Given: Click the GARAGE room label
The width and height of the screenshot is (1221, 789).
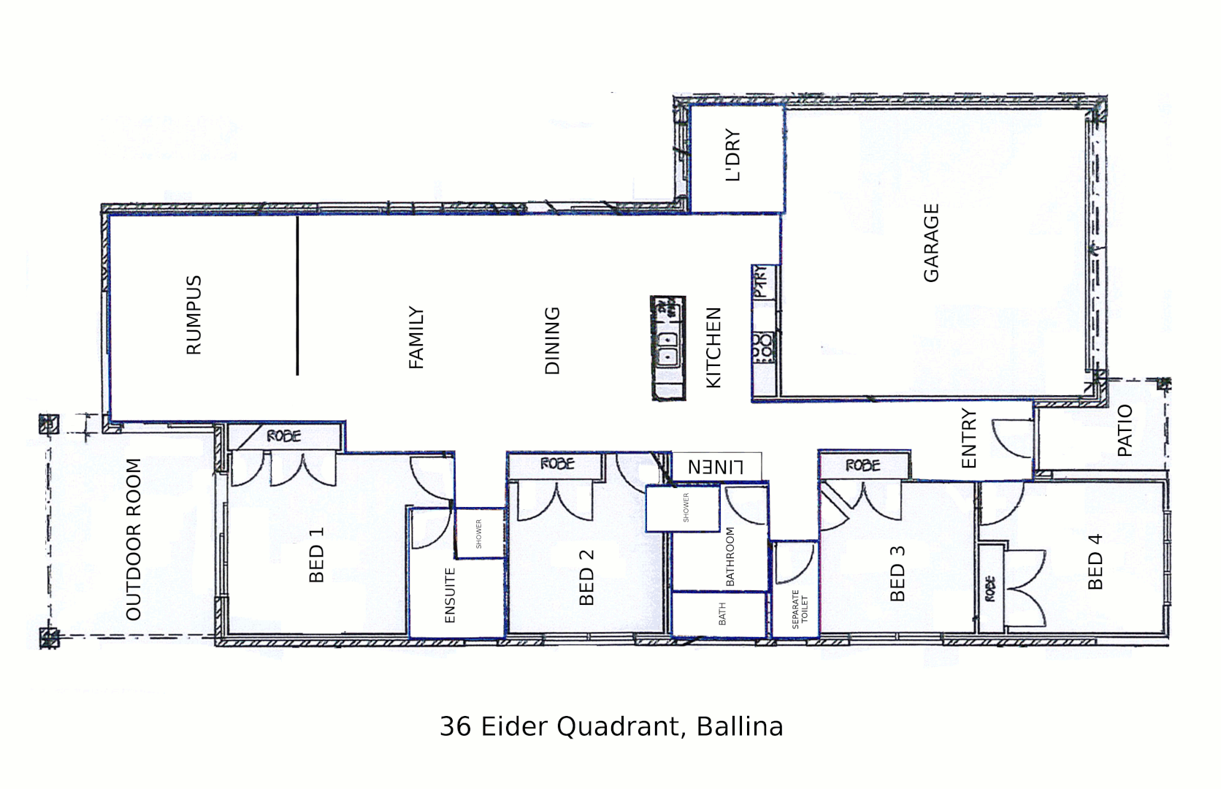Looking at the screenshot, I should point(931,243).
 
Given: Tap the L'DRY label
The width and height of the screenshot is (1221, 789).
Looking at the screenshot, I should point(732,155).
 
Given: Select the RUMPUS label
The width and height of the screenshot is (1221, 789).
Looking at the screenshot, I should point(194,315).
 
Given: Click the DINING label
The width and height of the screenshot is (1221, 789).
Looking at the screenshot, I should point(553,340).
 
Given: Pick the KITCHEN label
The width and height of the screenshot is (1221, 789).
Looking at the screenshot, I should point(713,347).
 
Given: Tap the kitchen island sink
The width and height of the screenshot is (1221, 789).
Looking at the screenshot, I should point(667,349).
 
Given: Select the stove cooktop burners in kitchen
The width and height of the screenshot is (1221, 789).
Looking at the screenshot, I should point(762,346).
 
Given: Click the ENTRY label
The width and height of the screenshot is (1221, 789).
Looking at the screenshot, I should point(969,438).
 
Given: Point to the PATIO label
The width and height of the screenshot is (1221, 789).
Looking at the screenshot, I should point(1125,430).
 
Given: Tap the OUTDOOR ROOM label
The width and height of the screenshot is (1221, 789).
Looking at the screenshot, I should point(133,539).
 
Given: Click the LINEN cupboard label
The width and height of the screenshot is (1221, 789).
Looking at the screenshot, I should point(716,466).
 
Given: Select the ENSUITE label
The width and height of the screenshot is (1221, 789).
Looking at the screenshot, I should point(450,595).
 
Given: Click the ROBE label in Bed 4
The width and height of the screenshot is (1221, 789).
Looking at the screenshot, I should point(990,589).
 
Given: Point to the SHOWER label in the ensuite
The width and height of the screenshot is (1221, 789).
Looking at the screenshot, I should point(479,533).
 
